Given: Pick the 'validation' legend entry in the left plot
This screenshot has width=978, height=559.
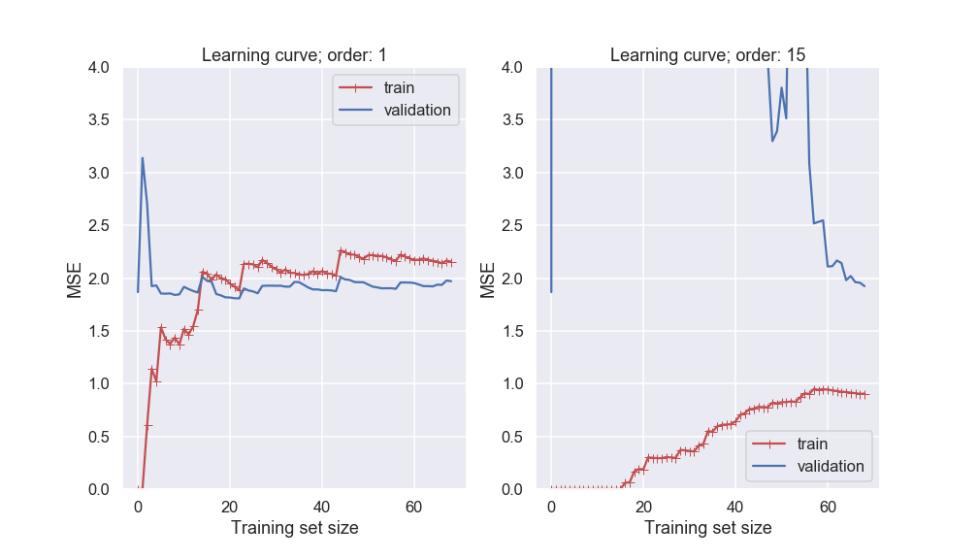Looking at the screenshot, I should pos(417,110).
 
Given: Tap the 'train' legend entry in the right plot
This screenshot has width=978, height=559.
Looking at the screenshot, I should pos(812,444).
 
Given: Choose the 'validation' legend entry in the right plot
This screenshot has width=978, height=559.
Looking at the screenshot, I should pos(831,466).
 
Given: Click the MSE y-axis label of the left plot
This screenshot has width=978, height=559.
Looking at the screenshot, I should pos(75,279).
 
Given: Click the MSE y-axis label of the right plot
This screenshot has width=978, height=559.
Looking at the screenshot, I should pos(488,279).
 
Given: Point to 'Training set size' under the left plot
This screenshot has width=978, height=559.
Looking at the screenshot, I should pos(294,528).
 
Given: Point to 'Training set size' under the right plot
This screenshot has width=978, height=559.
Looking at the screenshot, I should pos(707,528).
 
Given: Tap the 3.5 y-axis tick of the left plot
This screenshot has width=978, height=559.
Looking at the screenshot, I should pos(98,120).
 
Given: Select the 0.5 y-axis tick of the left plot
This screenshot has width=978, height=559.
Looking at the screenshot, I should pos(98,437).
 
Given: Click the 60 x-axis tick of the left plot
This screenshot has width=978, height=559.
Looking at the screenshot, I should pos(413,508).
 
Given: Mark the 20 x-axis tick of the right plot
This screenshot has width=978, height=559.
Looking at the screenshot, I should pos(643,508).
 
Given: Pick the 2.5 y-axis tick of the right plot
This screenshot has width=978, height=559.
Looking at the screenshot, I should pos(511,226).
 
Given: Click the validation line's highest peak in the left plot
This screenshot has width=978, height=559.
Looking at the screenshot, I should pos(143,158).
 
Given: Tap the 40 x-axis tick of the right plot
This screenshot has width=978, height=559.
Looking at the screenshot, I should pos(735,508).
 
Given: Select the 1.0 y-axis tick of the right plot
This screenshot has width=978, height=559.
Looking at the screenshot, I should pos(511,384).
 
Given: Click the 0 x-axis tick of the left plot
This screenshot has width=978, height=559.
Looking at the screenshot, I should pos(138,508).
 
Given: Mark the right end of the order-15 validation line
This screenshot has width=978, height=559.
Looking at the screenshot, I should pos(864,286).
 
